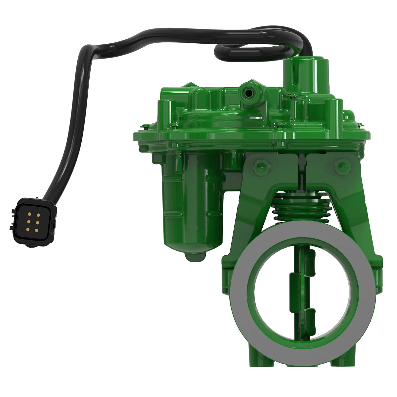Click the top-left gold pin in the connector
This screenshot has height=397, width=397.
tap(29, 214)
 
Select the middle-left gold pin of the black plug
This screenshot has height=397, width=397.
tap(29, 222)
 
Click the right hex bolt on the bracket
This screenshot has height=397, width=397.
tap(341, 166)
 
